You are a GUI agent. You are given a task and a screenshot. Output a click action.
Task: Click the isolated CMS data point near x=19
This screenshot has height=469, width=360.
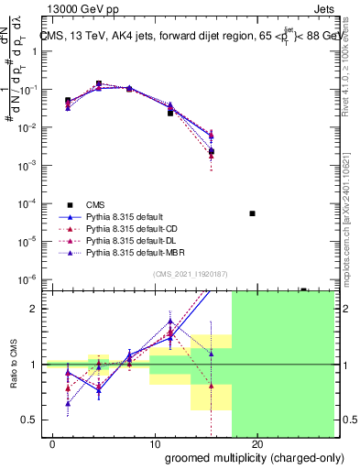coord(252,213)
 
